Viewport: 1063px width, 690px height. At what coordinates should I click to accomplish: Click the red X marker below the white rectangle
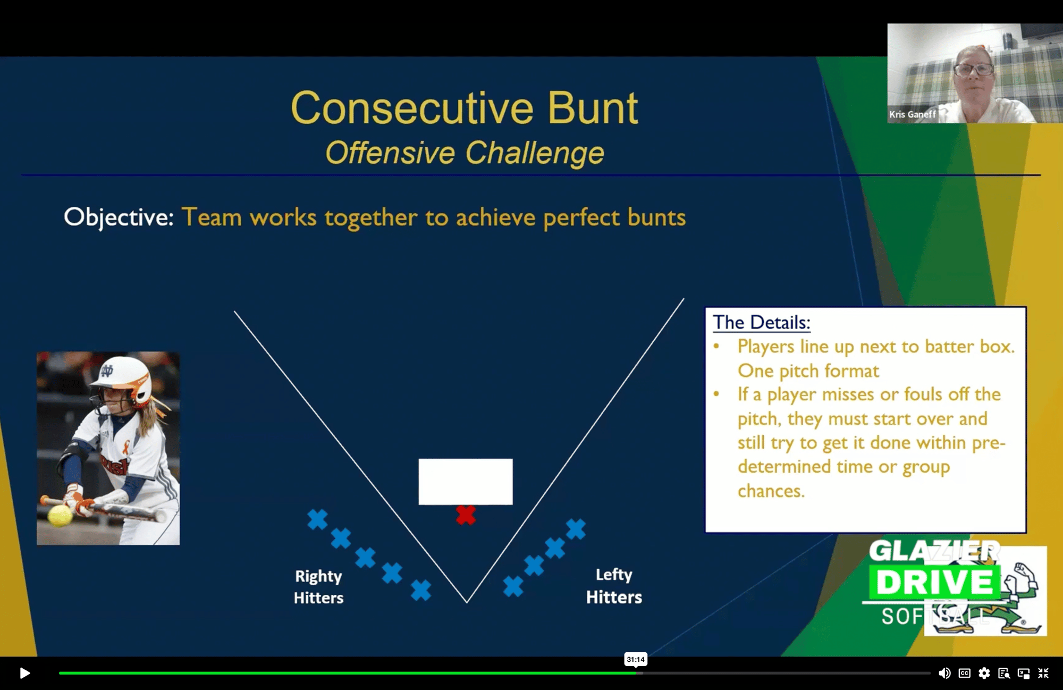[466, 515]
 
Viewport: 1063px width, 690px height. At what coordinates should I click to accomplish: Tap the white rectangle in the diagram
[466, 482]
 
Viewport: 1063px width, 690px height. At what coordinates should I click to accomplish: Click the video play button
[24, 673]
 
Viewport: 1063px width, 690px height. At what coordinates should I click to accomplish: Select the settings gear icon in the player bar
[984, 673]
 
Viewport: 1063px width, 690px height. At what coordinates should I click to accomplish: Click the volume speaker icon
[944, 673]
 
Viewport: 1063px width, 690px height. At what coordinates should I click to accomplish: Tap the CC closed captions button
[964, 673]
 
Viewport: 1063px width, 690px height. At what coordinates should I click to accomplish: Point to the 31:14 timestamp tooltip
[636, 659]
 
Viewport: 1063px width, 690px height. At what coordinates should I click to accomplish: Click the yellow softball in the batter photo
[60, 515]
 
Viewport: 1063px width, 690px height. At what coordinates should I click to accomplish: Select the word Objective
[119, 217]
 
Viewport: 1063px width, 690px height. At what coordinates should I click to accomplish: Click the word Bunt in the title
[593, 108]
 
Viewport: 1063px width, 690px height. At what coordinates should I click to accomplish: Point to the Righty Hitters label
[318, 587]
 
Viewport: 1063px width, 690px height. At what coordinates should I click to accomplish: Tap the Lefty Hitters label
[614, 586]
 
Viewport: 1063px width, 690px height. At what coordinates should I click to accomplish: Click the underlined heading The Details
[761, 322]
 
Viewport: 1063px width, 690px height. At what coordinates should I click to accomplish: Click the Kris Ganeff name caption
[913, 114]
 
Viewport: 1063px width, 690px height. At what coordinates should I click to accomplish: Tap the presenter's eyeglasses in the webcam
[974, 69]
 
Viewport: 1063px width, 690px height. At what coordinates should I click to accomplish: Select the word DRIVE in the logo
[934, 582]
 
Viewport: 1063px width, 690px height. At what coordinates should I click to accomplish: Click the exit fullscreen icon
[1043, 673]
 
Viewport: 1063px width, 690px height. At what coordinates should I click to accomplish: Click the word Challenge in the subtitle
[535, 153]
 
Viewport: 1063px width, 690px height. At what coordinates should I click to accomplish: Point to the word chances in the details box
[771, 491]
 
